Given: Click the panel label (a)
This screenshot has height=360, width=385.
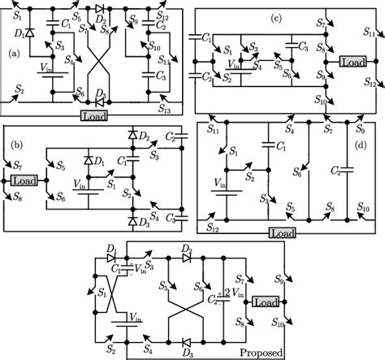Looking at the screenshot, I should coord(13,54).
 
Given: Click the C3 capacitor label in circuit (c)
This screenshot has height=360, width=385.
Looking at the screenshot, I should coord(301,46).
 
